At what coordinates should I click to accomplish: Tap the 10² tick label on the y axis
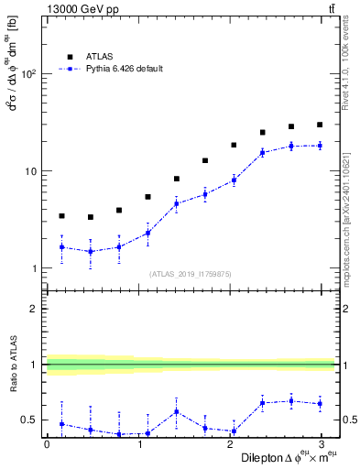tap(27, 75)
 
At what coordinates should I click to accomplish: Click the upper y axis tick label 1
tap(33, 268)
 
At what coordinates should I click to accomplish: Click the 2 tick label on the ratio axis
tap(33, 309)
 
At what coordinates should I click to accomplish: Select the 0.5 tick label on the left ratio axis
tap(27, 420)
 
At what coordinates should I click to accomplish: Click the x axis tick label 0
tap(47, 444)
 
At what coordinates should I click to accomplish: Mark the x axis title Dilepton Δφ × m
tap(285, 457)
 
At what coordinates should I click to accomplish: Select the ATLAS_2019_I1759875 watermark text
tap(191, 273)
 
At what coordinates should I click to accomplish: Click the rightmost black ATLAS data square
tap(320, 125)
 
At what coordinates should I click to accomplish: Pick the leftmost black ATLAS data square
tap(61, 216)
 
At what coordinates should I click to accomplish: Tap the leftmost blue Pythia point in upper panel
tap(61, 246)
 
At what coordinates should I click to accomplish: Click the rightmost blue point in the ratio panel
tap(320, 403)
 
